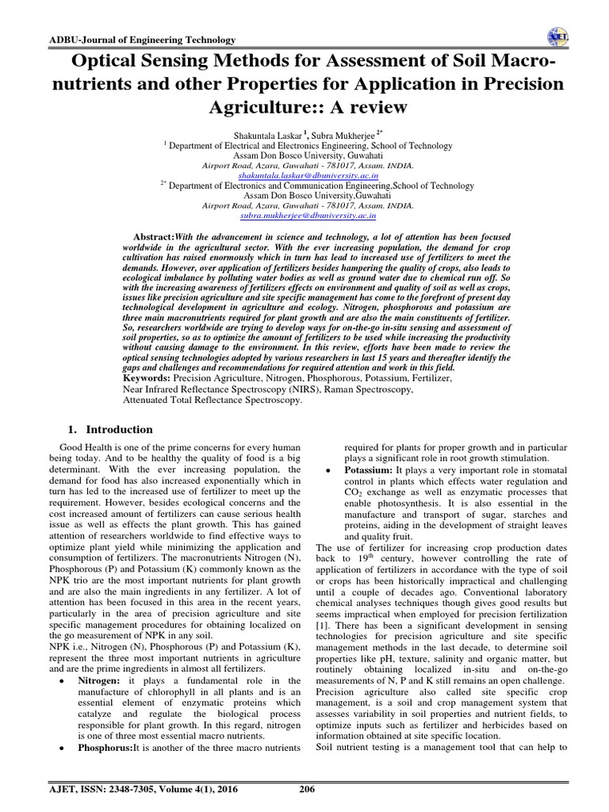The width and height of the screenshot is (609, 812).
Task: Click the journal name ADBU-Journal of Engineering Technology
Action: [x=132, y=40]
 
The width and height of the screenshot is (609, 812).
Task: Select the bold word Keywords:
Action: [x=150, y=380]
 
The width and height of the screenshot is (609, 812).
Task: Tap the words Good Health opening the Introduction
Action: [x=78, y=448]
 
